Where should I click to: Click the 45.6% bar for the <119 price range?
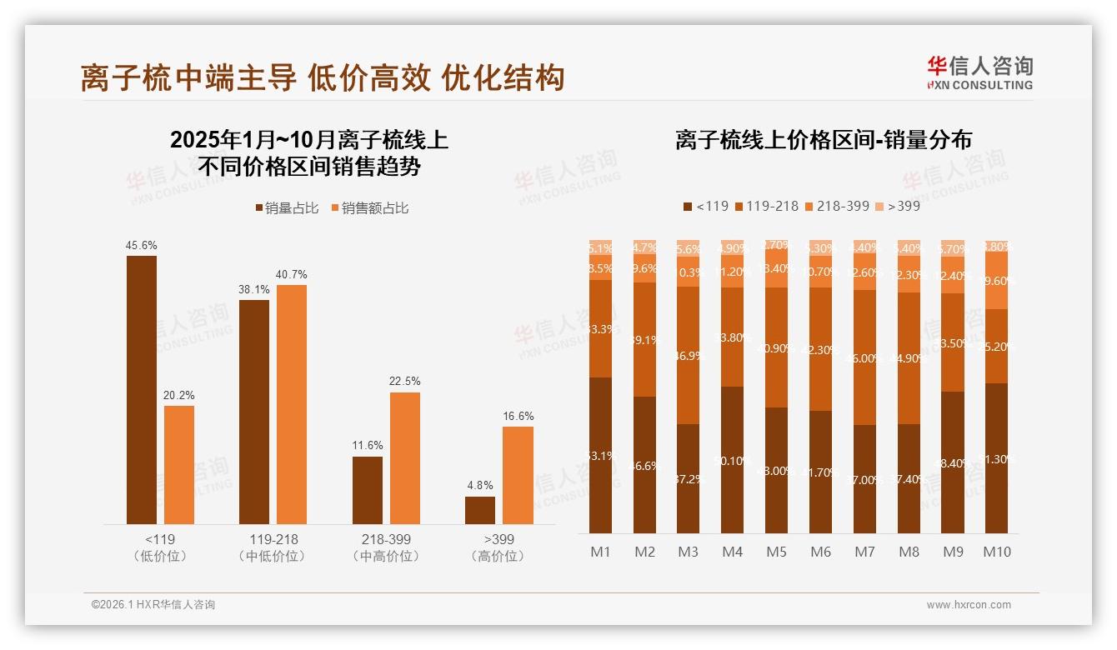click(142, 389)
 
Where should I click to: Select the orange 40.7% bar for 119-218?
click(292, 404)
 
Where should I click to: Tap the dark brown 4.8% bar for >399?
click(480, 510)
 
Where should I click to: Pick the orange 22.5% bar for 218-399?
click(405, 457)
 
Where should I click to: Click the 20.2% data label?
click(179, 395)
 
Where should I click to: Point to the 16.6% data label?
click(518, 416)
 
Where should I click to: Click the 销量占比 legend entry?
click(287, 208)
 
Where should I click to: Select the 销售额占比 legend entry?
click(370, 208)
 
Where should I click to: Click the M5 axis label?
click(776, 552)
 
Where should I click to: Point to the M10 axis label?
click(996, 552)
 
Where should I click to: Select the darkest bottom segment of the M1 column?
click(601, 455)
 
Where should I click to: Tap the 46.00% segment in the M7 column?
click(864, 357)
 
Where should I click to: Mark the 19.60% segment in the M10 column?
click(996, 280)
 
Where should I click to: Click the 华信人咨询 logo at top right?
click(979, 72)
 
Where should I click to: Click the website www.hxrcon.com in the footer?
click(969, 605)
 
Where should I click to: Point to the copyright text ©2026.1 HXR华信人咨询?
click(153, 605)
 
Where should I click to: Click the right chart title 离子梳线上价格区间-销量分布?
click(824, 140)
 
